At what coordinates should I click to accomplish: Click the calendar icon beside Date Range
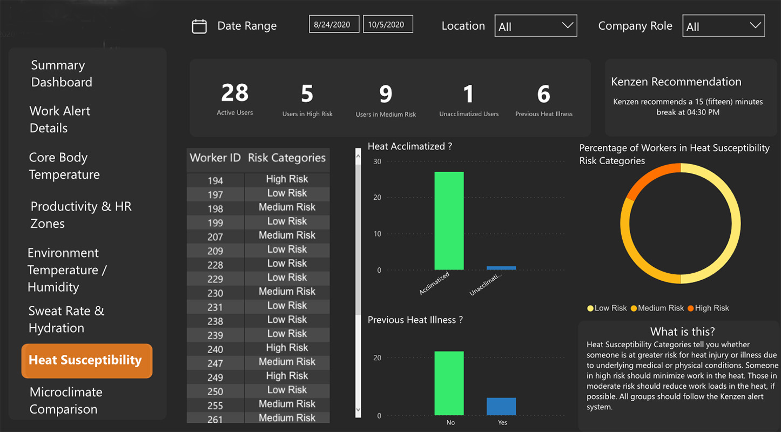coord(199,26)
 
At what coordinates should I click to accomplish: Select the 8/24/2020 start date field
coord(334,24)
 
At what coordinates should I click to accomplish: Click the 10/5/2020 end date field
coord(388,24)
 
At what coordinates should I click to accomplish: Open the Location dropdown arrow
coord(567,26)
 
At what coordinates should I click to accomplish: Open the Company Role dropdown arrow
coord(755,26)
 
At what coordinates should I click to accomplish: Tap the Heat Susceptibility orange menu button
coord(86,361)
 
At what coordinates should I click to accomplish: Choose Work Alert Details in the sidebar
coord(59,119)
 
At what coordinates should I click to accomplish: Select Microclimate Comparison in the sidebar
coord(66,401)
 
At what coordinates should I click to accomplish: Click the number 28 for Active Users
coord(234,93)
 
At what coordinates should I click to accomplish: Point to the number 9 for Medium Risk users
coord(385,94)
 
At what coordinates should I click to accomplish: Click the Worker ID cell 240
coord(215,349)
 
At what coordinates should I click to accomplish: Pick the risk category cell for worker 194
coord(287,179)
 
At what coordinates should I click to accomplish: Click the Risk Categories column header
coord(287,158)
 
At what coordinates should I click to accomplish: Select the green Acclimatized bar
coord(449,221)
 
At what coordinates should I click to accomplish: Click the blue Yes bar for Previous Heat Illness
coord(501,406)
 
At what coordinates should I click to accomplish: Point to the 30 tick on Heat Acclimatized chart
coord(377,161)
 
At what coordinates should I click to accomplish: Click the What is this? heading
coord(682,332)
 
